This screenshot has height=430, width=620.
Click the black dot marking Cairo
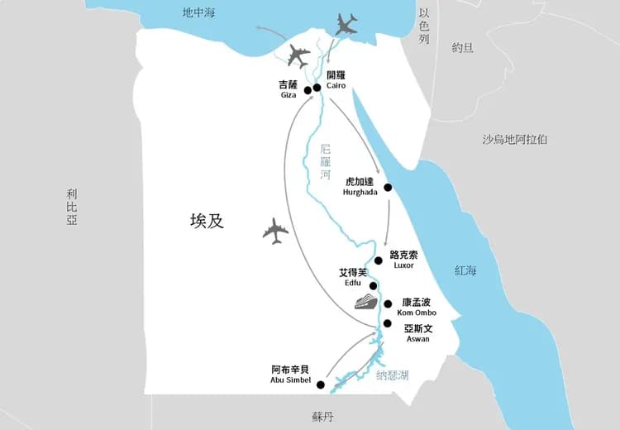tap(317, 87)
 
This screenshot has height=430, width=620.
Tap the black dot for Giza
tap(308, 90)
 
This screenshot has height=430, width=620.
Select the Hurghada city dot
tap(388, 187)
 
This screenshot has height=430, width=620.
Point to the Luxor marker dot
tap(379, 260)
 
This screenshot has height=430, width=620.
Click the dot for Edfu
tap(373, 286)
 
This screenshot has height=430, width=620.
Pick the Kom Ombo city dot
tap(388, 303)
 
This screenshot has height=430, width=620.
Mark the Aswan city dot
tap(388, 323)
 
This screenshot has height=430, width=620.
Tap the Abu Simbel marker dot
tap(320, 385)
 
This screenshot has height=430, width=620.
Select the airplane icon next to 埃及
tap(275, 231)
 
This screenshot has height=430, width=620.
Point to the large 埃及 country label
tap(207, 221)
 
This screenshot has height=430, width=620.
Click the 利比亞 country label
tap(72, 206)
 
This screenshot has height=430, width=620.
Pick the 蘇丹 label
tap(323, 418)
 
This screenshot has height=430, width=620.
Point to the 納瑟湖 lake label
tap(392, 376)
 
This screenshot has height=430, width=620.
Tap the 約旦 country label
tap(463, 48)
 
